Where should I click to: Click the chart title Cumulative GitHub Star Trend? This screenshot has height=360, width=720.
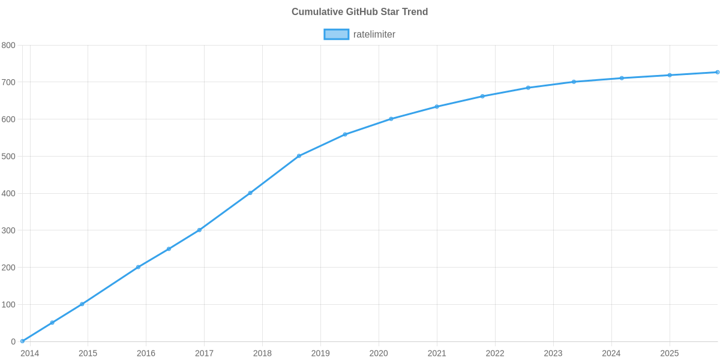[x=359, y=12]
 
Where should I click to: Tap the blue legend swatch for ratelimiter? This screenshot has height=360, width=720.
[x=336, y=34]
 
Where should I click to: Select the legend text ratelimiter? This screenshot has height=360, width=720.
[x=374, y=34]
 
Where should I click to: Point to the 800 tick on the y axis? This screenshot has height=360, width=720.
[x=8, y=46]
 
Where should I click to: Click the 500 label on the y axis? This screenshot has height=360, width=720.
[x=8, y=157]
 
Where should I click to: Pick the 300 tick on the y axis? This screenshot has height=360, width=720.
[x=8, y=231]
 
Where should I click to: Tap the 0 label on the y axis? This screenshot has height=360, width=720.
[x=13, y=342]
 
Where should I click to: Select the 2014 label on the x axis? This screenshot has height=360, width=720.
[x=29, y=353]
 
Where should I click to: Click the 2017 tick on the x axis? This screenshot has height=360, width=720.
[x=204, y=353]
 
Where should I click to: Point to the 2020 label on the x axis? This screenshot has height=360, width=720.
[x=379, y=353]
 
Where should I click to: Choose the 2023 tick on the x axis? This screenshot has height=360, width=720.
[x=553, y=353]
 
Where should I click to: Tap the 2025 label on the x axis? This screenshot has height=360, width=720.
[x=669, y=353]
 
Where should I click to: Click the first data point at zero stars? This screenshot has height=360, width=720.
[x=22, y=341]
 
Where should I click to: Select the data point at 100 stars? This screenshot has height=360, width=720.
[x=82, y=304]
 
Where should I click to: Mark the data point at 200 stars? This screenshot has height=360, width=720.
[x=138, y=267]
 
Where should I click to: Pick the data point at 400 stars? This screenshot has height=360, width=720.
[x=250, y=193]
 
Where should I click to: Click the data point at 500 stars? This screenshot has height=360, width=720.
[x=299, y=156]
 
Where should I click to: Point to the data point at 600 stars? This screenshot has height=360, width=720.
[x=391, y=119]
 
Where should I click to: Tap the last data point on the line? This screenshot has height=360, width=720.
[x=717, y=72]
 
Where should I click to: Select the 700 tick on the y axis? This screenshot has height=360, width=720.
[x=8, y=82]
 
